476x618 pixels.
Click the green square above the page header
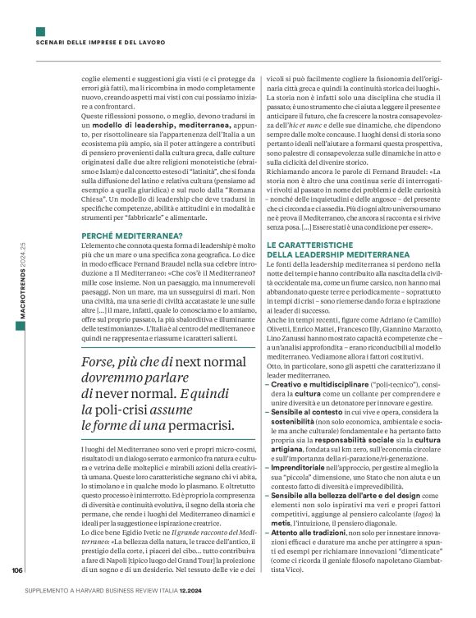pos(40,31)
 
